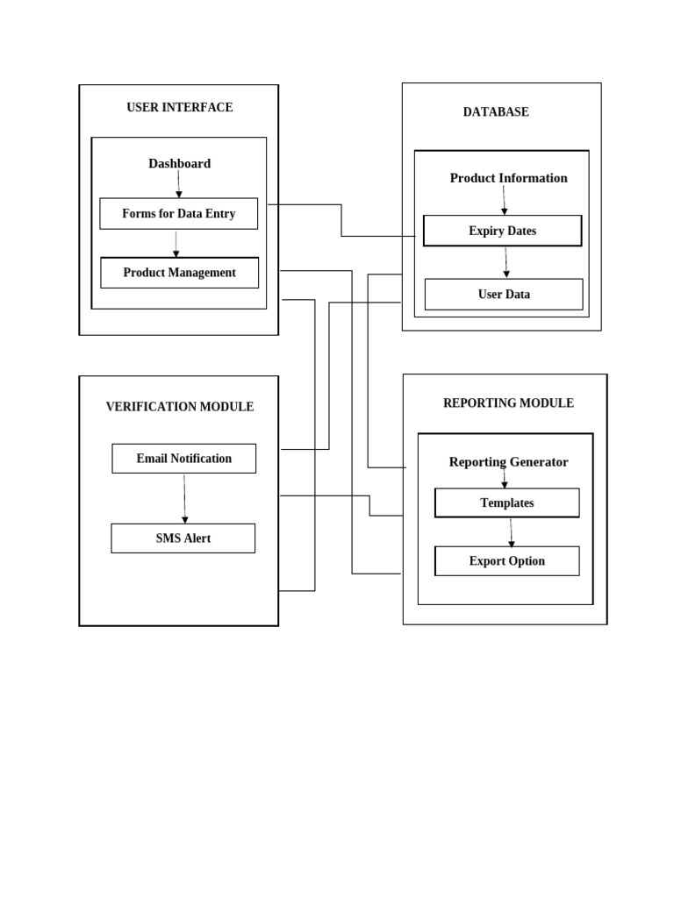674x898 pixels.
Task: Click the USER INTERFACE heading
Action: tap(179, 108)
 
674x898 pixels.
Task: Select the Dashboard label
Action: tap(179, 164)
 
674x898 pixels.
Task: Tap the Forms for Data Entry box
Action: tap(179, 214)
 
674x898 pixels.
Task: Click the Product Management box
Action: tap(179, 273)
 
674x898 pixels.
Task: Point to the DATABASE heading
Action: tap(496, 112)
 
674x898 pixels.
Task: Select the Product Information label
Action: tap(508, 178)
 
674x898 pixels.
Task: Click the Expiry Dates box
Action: tap(502, 232)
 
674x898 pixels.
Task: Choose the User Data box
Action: tap(504, 295)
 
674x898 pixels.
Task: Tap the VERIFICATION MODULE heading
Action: tap(180, 407)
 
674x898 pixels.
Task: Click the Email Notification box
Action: tap(184, 459)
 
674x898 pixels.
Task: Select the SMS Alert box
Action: tap(183, 538)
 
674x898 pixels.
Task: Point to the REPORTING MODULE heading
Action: tap(508, 403)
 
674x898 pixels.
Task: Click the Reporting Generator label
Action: tap(508, 462)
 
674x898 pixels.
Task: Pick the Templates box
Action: tap(507, 503)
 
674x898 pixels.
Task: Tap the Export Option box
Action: tap(507, 561)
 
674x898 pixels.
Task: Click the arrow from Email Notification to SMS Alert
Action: tap(184, 499)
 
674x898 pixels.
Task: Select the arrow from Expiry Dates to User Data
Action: tap(505, 263)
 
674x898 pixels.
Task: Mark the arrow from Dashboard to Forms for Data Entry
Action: tap(179, 184)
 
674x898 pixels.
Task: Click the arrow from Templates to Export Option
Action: tap(511, 532)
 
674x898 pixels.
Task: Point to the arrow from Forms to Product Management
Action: tap(176, 244)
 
